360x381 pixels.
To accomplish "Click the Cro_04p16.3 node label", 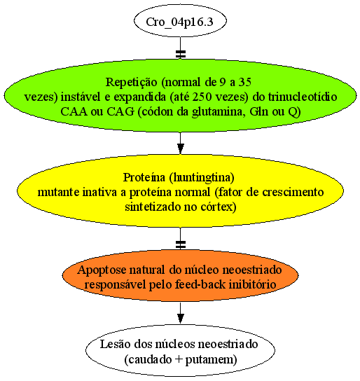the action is tap(179, 22).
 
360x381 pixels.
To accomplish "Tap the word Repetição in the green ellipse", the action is tap(131, 83).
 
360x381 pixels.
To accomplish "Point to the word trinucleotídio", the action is tap(303, 97).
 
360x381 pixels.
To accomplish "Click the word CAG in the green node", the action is tap(120, 112).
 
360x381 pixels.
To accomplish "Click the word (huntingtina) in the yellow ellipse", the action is tap(202, 178).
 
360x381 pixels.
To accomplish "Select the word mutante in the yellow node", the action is tap(59, 193).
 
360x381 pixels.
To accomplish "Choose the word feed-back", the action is tap(200, 284).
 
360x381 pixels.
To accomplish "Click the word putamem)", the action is tap(211, 360).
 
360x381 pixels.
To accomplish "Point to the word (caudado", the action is tap(148, 359).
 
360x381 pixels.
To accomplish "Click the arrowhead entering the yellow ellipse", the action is tap(180, 148).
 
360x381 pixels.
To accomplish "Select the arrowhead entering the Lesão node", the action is tap(180, 318).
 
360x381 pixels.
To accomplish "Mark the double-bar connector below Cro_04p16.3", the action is tap(180, 54).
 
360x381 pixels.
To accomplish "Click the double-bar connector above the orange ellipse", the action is tap(180, 244).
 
